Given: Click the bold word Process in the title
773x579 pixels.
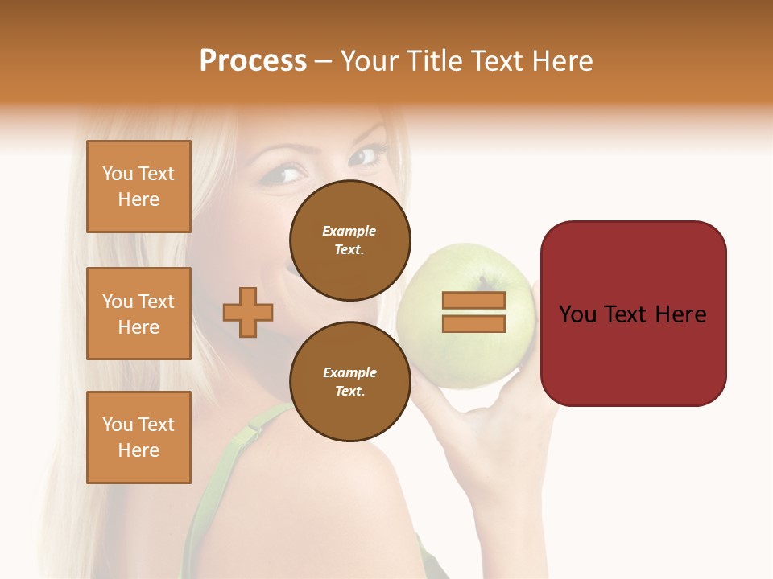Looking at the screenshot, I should pyautogui.click(x=253, y=61).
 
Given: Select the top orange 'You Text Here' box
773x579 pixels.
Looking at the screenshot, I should pyautogui.click(x=138, y=187).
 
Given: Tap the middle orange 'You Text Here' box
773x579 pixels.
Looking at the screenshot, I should pyautogui.click(x=138, y=314).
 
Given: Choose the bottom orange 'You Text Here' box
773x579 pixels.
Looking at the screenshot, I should pyautogui.click(x=138, y=437).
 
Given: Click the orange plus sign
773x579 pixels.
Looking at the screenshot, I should pyautogui.click(x=248, y=311).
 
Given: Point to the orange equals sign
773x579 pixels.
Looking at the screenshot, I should pyautogui.click(x=473, y=312).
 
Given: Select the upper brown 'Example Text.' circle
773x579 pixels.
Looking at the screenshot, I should pyautogui.click(x=350, y=240).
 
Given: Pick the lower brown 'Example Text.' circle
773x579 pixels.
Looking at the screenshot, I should pyautogui.click(x=350, y=382).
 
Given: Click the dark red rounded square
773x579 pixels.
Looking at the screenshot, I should pyautogui.click(x=633, y=314).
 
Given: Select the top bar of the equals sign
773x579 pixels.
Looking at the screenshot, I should pyautogui.click(x=473, y=301).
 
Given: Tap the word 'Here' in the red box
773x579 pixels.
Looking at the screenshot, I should pyautogui.click(x=680, y=314).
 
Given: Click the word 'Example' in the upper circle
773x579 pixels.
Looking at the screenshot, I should pyautogui.click(x=349, y=231).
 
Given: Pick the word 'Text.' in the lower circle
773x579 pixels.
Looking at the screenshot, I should pyautogui.click(x=349, y=391).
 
